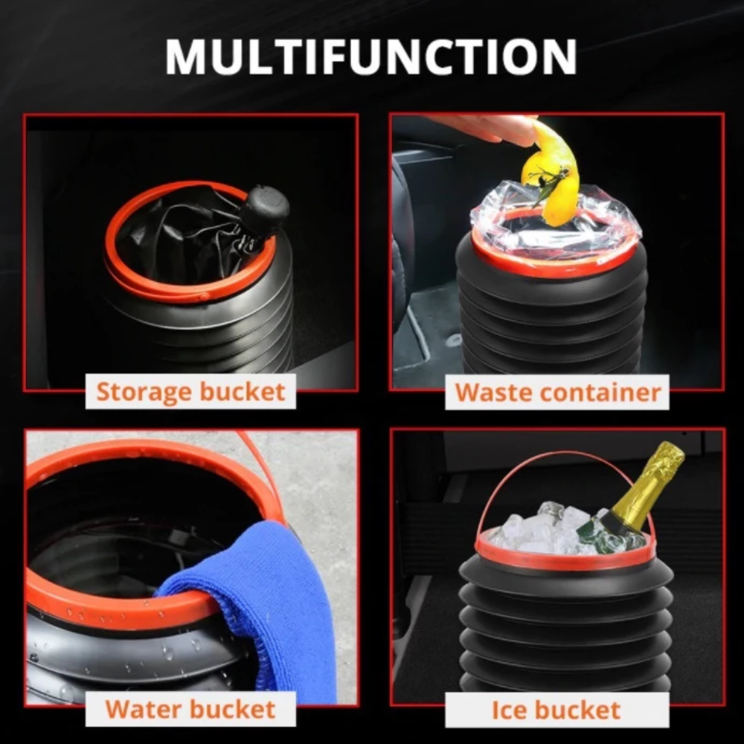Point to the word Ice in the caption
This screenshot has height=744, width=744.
(507, 710)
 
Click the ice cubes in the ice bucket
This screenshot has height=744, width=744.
(545, 528)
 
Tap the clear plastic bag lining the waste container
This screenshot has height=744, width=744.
(556, 223)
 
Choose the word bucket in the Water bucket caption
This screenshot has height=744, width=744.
(232, 709)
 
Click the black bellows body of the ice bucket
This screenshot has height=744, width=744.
(565, 626)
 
